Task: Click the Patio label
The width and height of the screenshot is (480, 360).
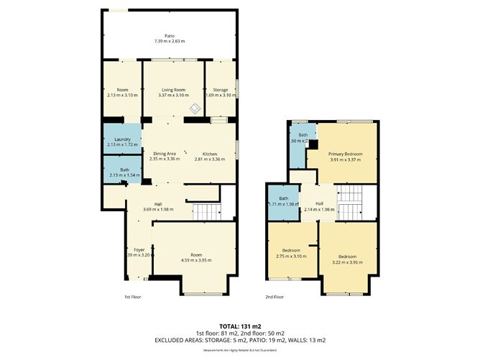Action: [x=170, y=35]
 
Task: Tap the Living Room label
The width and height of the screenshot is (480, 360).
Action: [x=173, y=89]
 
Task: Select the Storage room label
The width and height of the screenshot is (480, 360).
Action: [x=220, y=89]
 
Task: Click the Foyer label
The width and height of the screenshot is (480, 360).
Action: [x=139, y=249]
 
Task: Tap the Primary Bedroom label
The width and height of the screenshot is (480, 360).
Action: [x=345, y=154]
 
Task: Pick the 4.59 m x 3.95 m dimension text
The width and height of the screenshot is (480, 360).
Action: [x=196, y=260]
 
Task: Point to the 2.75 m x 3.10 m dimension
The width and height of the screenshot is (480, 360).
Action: [x=291, y=256]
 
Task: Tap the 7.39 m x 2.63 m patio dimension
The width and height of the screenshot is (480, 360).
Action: [x=170, y=41]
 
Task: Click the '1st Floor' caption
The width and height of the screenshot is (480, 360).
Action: [x=133, y=296]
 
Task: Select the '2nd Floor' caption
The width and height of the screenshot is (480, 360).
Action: [x=274, y=296]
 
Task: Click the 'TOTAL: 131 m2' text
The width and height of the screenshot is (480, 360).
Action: [x=239, y=325]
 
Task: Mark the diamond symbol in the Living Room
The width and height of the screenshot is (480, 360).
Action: [x=194, y=108]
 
